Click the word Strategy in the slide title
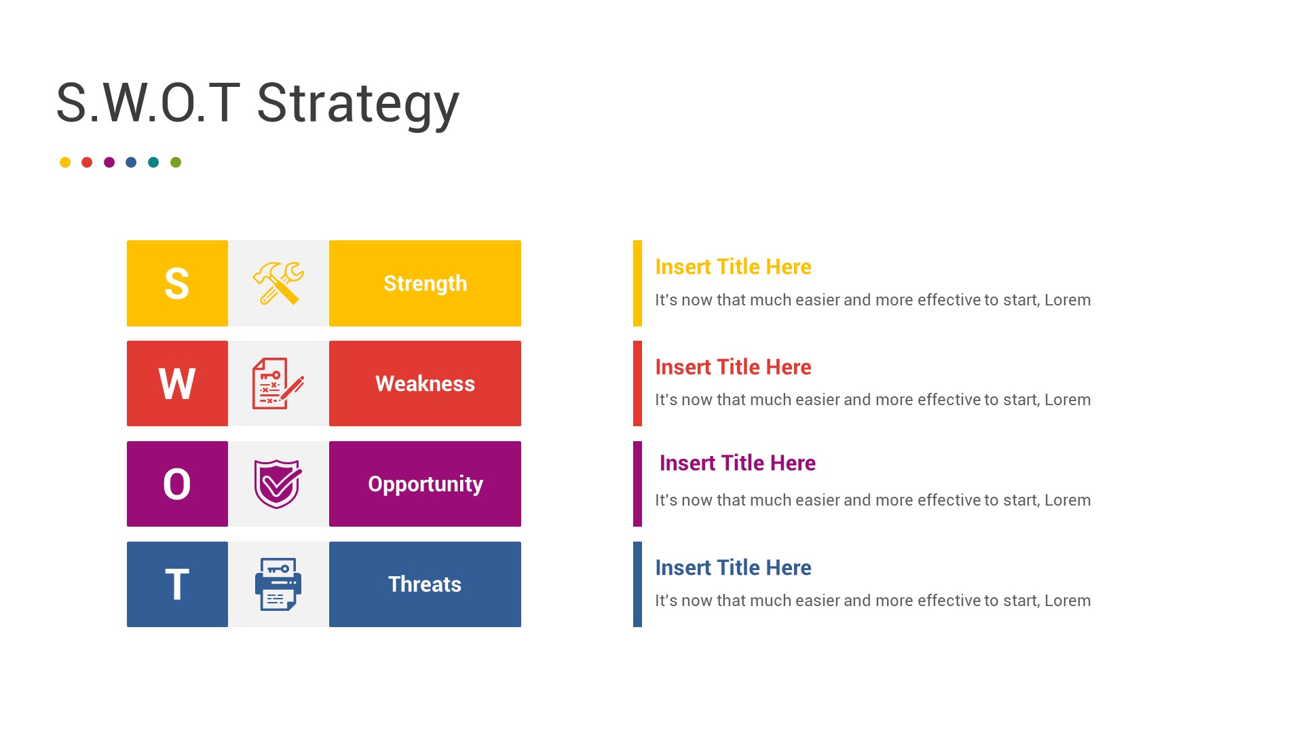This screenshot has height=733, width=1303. click(358, 103)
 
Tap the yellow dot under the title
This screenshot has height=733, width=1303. click(65, 162)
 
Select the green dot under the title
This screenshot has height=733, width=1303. click(176, 162)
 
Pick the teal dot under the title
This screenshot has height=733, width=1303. click(153, 162)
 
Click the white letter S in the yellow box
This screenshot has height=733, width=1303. click(177, 284)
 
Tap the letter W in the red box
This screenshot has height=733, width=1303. click(177, 384)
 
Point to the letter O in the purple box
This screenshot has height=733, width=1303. click(177, 485)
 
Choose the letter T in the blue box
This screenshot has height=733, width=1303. click(177, 585)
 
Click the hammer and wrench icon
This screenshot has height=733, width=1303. click(278, 283)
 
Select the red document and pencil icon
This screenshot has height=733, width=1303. click(278, 383)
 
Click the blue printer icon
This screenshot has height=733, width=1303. click(278, 584)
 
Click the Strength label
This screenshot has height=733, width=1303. click(425, 284)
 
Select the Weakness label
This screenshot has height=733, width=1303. click(425, 384)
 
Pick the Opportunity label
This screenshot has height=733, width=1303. click(425, 485)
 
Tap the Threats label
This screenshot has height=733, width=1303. click(425, 584)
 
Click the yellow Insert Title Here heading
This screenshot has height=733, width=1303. click(733, 267)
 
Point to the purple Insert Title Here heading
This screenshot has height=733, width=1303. click(738, 463)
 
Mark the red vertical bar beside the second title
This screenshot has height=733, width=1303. click(637, 383)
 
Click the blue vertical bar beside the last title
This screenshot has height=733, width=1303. click(637, 584)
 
